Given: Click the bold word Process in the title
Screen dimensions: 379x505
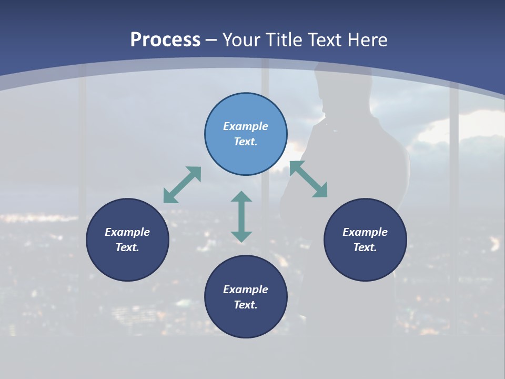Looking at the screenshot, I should tap(165, 40).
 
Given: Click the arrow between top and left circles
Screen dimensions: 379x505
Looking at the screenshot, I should tap(182, 185).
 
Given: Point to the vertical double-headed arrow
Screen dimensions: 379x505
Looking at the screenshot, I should tap(241, 216).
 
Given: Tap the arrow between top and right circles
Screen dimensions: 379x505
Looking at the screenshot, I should tap(309, 179).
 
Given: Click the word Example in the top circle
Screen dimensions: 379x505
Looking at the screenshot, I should tap(246, 126).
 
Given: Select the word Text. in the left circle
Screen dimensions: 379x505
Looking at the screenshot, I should tap(127, 247).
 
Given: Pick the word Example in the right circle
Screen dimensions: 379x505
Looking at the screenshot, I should tap(365, 232).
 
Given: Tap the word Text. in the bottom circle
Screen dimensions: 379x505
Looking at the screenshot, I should tap(246, 305).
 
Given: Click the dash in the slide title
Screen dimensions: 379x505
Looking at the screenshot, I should tap(211, 40).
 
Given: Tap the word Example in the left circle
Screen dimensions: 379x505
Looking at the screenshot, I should tap(127, 232).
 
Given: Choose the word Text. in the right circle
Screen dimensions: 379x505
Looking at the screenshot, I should tap(365, 247).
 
